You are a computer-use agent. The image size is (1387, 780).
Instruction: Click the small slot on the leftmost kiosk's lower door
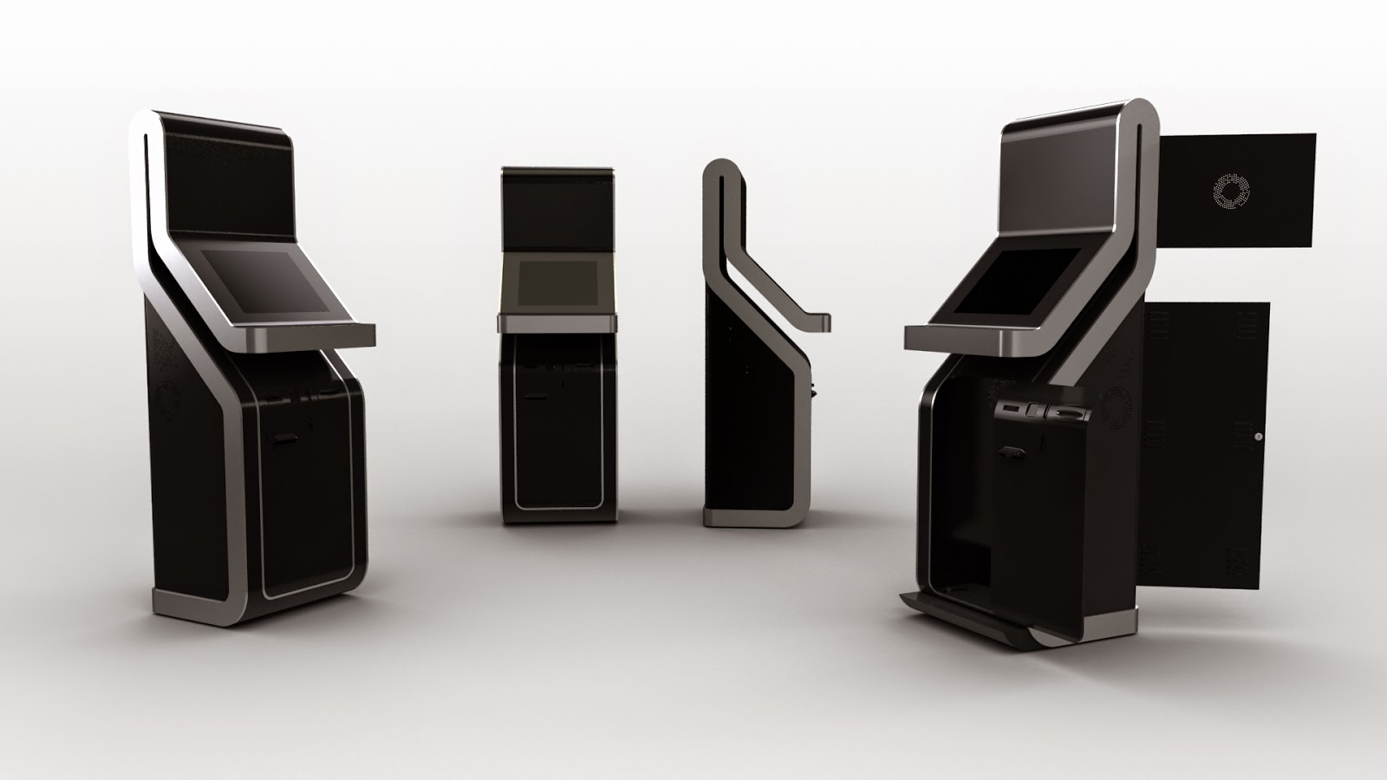click(x=284, y=439)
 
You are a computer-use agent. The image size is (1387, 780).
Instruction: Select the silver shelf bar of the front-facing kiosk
click(x=557, y=322)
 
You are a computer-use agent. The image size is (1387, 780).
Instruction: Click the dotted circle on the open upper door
click(x=1232, y=192)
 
